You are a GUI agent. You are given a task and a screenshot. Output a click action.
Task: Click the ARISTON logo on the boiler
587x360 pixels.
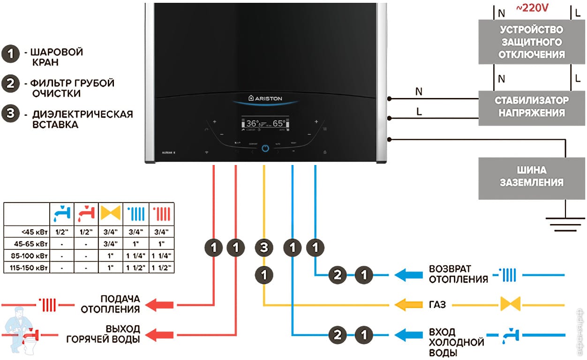(x=266, y=98)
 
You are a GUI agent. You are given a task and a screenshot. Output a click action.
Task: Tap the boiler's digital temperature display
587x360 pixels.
(x=265, y=124)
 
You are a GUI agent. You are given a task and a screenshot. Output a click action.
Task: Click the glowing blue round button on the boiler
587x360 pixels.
(x=265, y=148)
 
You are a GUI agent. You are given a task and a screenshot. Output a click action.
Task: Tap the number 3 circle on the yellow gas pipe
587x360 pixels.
(x=264, y=247)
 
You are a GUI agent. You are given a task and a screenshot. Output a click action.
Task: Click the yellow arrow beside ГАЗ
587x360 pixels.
(x=406, y=305)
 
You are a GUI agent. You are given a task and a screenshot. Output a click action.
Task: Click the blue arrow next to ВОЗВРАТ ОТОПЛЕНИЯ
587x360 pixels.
(x=406, y=275)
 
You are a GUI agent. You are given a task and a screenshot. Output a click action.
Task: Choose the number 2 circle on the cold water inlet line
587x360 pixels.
(x=338, y=335)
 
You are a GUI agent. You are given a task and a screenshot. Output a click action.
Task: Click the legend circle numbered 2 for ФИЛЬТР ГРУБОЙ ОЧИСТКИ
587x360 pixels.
(x=10, y=84)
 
